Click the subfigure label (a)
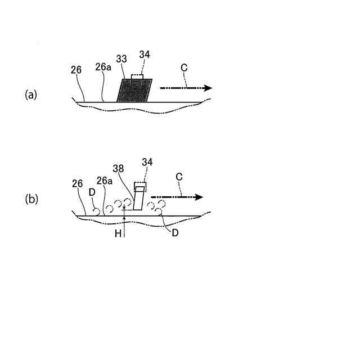point(30,94)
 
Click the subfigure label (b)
point(30,199)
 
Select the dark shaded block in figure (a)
point(134,91)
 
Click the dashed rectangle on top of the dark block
point(137,78)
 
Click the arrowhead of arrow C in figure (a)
point(208,88)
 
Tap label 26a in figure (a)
point(102,67)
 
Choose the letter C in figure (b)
point(178,178)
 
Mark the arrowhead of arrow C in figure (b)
point(199,197)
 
